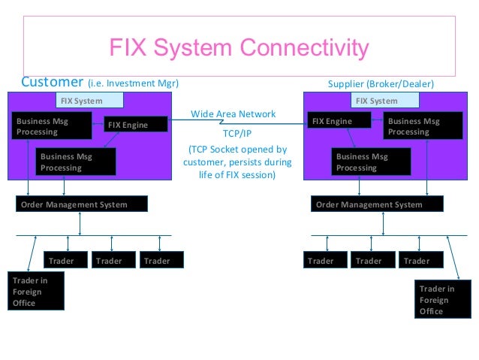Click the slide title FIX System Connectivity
239,48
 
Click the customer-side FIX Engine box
136,124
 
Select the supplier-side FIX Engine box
339,120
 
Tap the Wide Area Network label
233,113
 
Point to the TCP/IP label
237,133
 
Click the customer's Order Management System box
82,204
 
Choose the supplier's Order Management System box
377,204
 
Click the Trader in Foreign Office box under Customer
36,291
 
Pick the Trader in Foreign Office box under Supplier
443,299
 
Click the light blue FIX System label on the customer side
89,100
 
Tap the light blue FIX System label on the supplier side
385,100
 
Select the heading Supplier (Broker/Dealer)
381,84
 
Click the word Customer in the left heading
53,82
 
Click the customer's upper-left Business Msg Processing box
52,126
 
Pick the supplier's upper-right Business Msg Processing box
423,126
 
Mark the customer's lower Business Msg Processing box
76,162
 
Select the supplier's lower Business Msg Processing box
371,162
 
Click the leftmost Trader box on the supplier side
325,260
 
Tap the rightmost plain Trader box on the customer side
161,260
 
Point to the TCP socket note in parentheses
237,162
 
